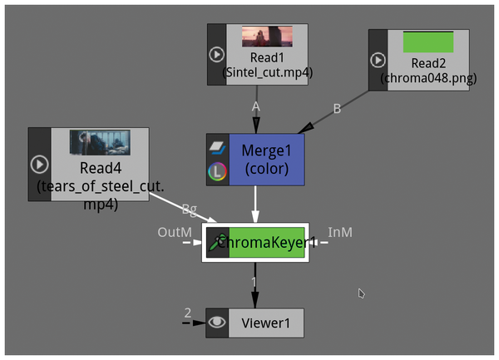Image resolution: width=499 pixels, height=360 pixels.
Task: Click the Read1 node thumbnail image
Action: tap(266, 36)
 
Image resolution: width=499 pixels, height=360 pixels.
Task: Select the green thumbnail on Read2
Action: tap(427, 42)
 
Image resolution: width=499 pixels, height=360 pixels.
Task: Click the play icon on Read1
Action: tap(216, 55)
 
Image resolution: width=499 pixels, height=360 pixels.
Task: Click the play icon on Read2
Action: tap(378, 60)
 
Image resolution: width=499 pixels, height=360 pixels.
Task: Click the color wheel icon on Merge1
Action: tap(216, 173)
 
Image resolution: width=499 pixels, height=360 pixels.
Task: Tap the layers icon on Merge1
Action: tap(216, 145)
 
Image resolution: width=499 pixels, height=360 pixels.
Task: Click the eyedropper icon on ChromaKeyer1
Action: tap(218, 243)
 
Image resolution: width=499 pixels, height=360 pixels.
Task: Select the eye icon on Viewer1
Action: tap(216, 323)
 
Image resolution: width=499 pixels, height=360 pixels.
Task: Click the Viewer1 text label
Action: tap(265, 323)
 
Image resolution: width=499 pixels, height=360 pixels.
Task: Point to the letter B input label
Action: tap(336, 108)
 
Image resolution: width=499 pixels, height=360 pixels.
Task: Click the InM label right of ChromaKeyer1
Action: tap(339, 233)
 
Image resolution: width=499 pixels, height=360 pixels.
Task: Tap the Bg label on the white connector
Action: tap(189, 209)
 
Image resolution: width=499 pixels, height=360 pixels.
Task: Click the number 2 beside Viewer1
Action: tap(188, 313)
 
